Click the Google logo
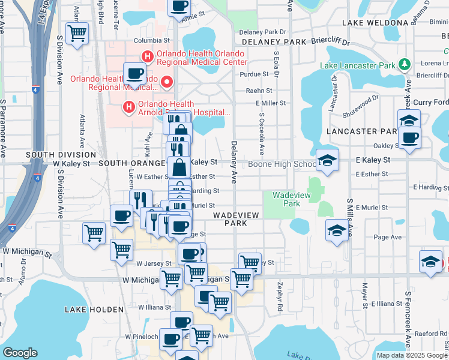20,353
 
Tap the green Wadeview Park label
286,199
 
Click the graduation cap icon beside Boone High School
328,160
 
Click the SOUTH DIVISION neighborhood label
56,155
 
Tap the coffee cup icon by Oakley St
409,138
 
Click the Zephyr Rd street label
280,298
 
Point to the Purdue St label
254,74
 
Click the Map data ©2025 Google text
412,355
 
